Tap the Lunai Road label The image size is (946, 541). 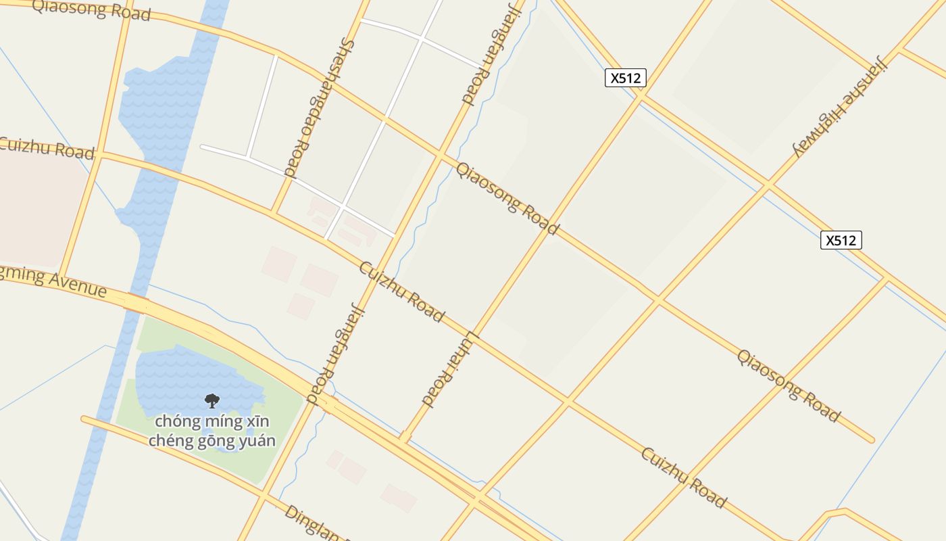click(x=451, y=369)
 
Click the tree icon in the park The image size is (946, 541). click(x=212, y=400)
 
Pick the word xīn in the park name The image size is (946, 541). click(x=257, y=422)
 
